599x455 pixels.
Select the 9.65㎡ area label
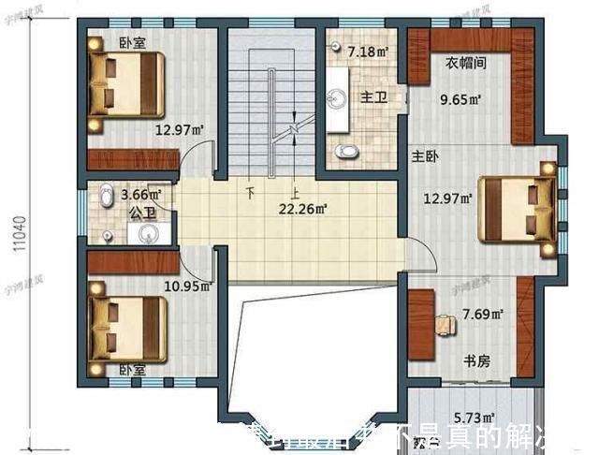pos(461,97)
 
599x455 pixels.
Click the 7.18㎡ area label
pos(368,51)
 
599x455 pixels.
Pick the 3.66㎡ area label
pos(141,195)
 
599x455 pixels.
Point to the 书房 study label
pos(478,361)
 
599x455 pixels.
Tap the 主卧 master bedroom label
pos(424,155)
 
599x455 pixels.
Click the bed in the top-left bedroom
pos(126,82)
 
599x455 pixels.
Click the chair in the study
pos(446,323)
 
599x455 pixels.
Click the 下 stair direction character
pos(251,194)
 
